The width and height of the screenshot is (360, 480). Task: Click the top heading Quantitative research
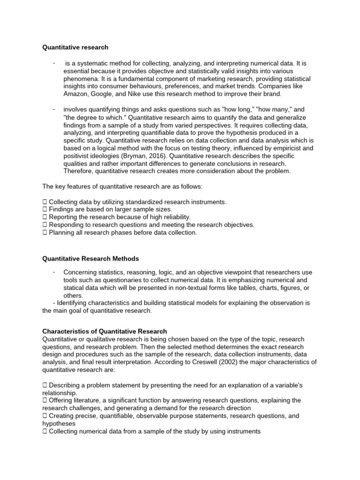click(x=75, y=47)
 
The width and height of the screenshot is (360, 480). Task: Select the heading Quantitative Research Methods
click(x=90, y=258)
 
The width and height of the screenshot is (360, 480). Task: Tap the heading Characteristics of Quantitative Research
click(x=105, y=331)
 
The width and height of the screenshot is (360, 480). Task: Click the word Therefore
click(x=80, y=171)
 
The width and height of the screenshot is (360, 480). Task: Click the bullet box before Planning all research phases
click(x=45, y=232)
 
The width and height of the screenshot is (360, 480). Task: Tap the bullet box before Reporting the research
click(x=45, y=217)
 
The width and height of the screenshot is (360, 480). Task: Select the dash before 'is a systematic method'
click(x=54, y=63)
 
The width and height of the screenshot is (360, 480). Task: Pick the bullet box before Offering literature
click(x=45, y=400)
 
